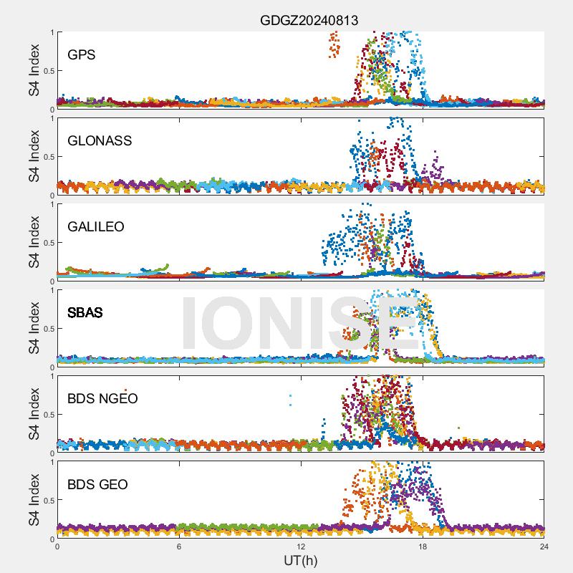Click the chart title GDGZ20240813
pos(309,20)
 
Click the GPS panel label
pos(82,54)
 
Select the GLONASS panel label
pos(100,140)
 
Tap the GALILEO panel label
pos(96,226)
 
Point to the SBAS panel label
pos(85,312)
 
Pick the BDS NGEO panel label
pos(102,398)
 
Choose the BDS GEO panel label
pos(97,484)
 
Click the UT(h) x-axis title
pos(300,559)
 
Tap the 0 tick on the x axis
pos(57,546)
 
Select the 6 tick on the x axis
pos(179,546)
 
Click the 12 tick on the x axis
pos(301,546)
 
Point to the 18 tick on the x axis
pos(423,546)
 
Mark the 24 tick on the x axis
pos(544,546)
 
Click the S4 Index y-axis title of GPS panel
pos(34,70)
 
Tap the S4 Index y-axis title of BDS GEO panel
pos(34,500)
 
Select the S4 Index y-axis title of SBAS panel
pos(34,328)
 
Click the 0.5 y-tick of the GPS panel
pos(47,71)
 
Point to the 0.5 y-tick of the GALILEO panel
pos(47,243)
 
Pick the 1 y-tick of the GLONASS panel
pos(52,118)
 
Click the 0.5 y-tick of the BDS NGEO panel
pos(47,415)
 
